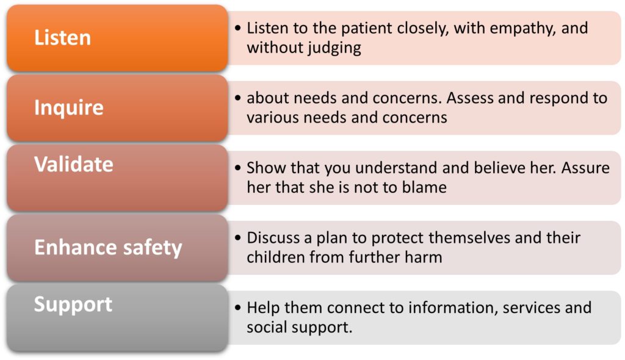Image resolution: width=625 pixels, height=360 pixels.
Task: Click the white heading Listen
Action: click(63, 37)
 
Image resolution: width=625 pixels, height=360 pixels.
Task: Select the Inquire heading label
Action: click(69, 107)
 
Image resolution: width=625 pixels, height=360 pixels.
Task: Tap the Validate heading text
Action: click(74, 164)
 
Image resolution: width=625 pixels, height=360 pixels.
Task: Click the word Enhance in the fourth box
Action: click(76, 247)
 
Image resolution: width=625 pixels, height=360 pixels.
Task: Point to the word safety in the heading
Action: click(153, 248)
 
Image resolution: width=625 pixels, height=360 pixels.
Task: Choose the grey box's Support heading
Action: click(73, 305)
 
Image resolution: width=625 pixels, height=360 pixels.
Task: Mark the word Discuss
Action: click(273, 237)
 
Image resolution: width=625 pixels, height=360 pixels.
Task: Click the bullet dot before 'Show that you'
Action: click(238, 168)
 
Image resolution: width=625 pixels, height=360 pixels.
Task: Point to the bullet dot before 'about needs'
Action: click(238, 98)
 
